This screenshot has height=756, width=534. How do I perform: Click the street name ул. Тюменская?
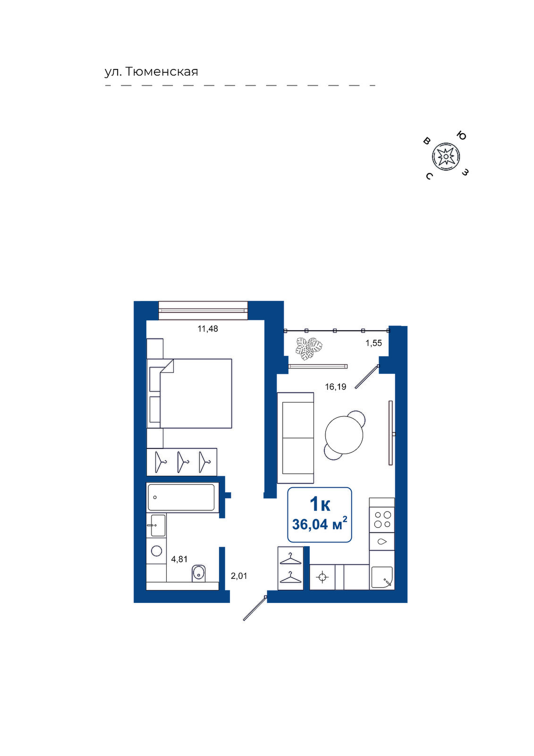click(151, 72)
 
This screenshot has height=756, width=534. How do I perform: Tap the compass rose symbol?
click(446, 156)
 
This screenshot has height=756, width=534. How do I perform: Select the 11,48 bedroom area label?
click(208, 328)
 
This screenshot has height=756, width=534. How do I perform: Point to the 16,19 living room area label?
click(336, 387)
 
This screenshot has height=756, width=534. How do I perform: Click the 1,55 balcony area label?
click(374, 343)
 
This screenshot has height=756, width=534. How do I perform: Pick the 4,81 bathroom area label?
click(179, 559)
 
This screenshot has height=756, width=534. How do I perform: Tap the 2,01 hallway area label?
click(239, 576)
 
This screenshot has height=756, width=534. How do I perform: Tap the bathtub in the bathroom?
click(181, 498)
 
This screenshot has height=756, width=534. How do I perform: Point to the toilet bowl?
click(198, 574)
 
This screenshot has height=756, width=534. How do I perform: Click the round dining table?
click(344, 435)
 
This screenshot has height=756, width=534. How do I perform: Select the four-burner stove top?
click(382, 520)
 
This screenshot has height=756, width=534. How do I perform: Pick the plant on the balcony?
click(309, 349)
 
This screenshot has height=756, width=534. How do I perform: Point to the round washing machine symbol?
click(157, 551)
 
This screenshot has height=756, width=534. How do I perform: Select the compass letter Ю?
click(461, 136)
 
